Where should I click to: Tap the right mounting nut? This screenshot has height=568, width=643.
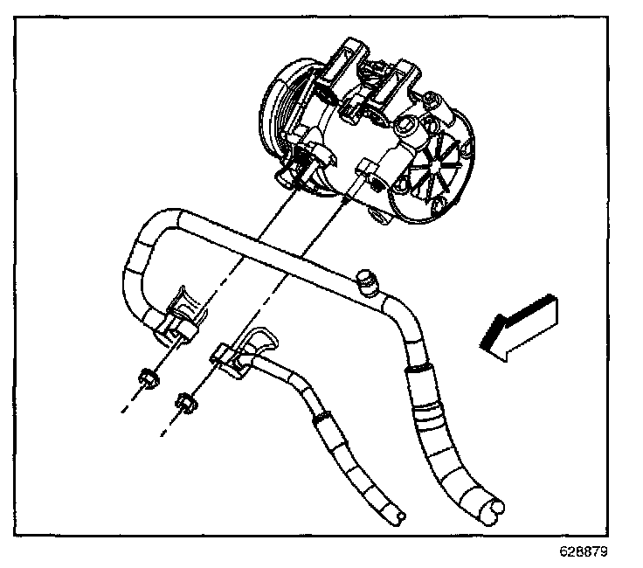185,403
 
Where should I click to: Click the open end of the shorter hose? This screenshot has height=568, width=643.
398,517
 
